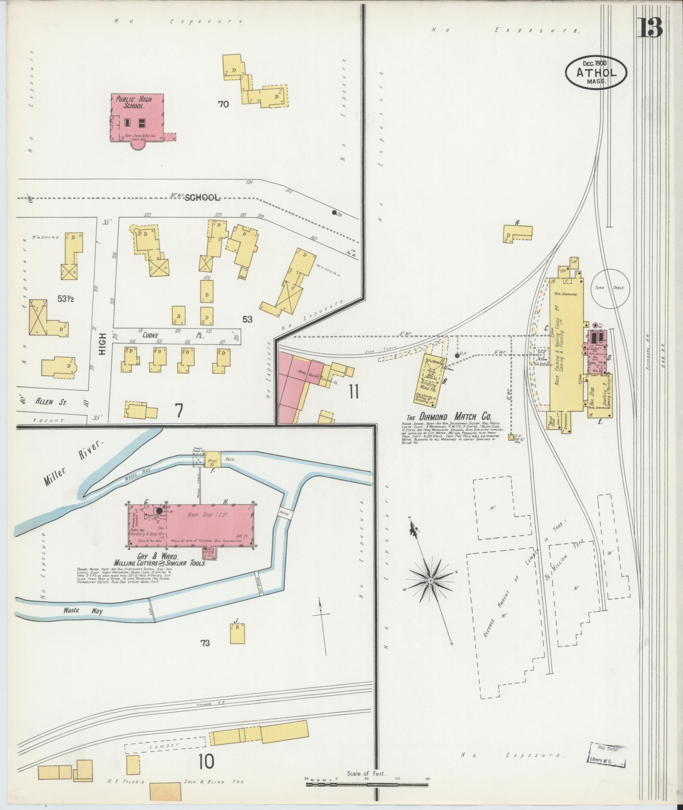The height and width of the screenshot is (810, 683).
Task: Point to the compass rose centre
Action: (430, 580)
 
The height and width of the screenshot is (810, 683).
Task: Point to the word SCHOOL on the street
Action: (202, 197)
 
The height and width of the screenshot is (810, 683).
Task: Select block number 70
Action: (223, 104)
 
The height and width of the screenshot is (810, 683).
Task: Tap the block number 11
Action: (354, 393)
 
